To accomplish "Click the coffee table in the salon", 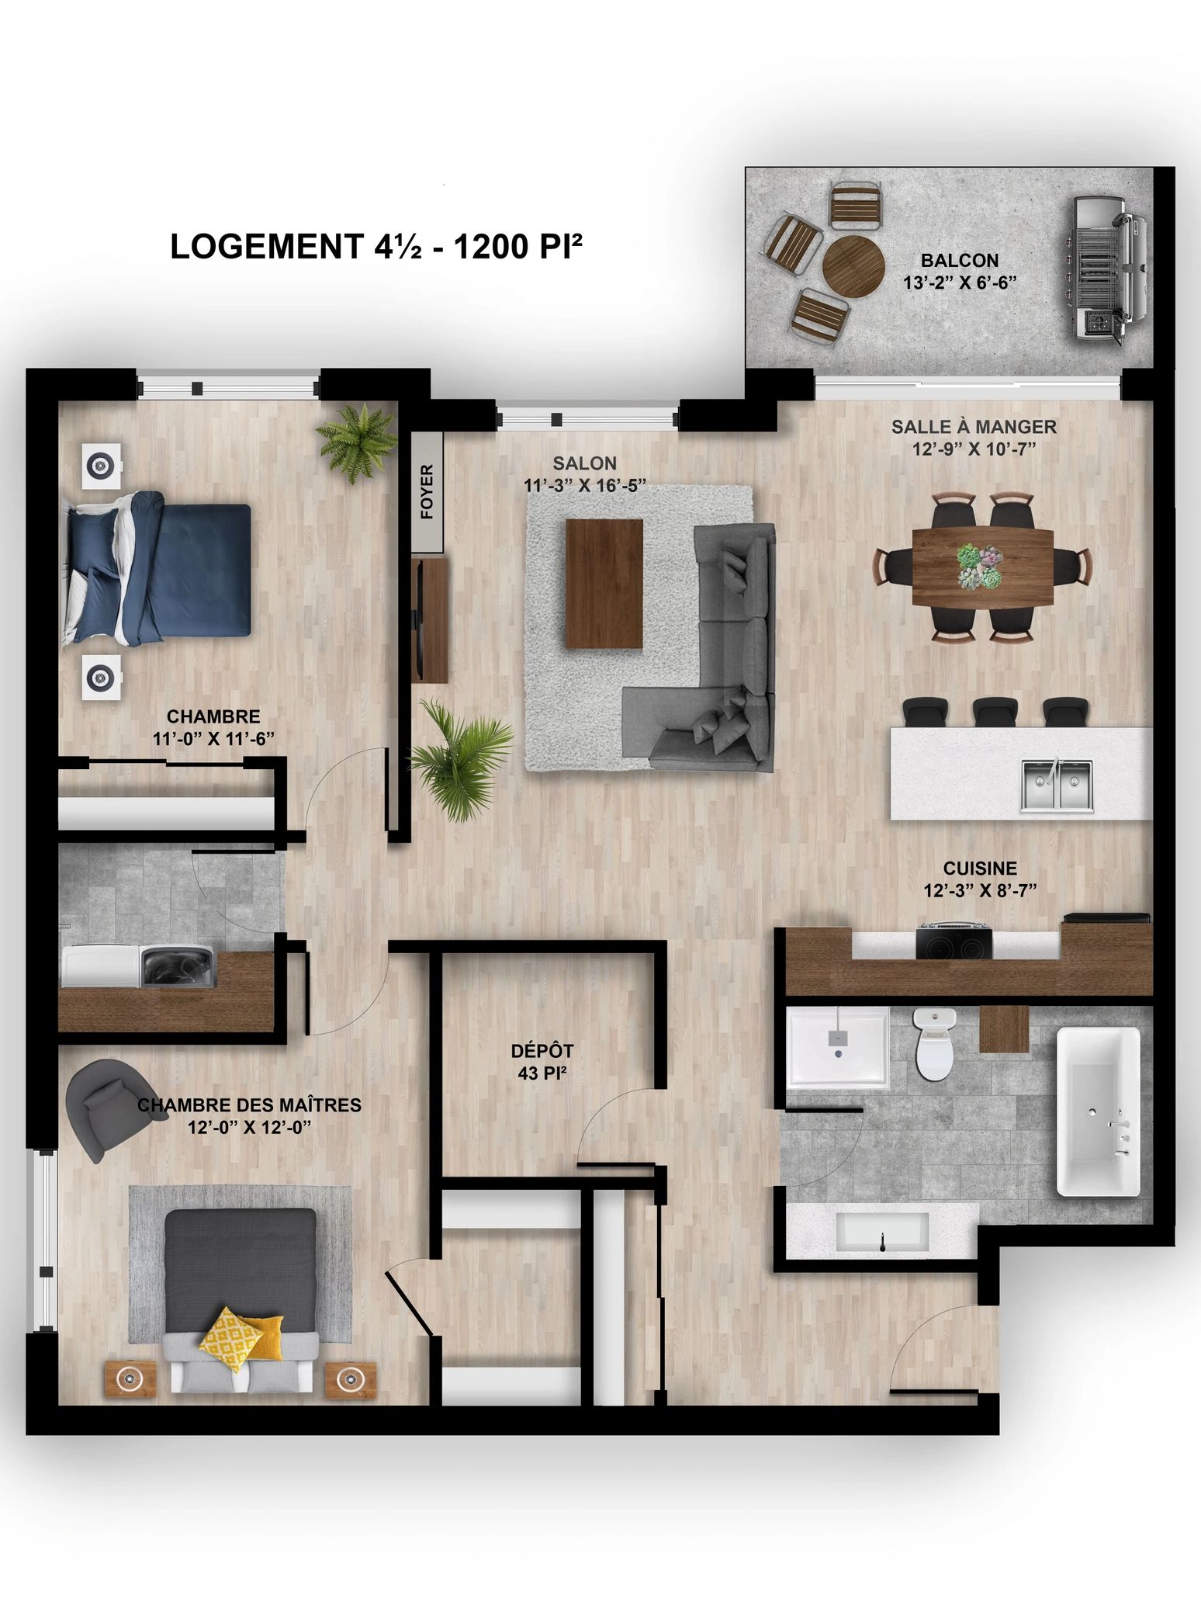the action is tap(604, 583).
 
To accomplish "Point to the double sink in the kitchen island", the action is tap(1057, 785).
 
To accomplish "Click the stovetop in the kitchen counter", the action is tap(954, 941).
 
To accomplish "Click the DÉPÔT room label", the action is tap(542, 1051).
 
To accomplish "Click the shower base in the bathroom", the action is tap(838, 1048).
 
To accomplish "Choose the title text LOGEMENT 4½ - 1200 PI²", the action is tap(376, 248).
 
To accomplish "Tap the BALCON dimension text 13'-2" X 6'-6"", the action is tap(960, 283).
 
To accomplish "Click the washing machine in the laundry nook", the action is tap(177, 966).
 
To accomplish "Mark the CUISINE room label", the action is tap(980, 869).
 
